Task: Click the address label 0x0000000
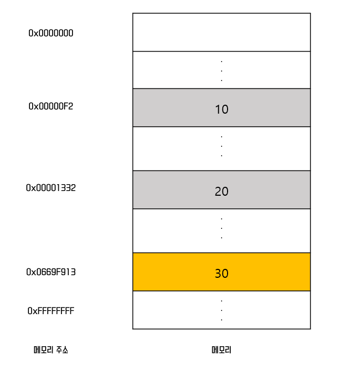click(x=50, y=33)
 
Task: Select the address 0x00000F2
click(x=50, y=106)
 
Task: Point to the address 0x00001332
click(x=50, y=188)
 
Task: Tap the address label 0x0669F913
click(x=50, y=272)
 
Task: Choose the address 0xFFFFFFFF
click(x=50, y=311)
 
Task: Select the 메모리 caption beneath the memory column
click(x=221, y=350)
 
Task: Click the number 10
click(x=221, y=109)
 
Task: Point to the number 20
click(x=221, y=192)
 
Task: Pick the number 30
click(x=221, y=274)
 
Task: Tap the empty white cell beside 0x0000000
click(x=221, y=32)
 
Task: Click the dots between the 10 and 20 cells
click(x=221, y=146)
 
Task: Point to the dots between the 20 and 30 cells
click(x=221, y=228)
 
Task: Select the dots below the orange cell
click(x=221, y=310)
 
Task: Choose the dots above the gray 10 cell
click(x=221, y=70)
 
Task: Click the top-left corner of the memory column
click(x=133, y=14)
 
